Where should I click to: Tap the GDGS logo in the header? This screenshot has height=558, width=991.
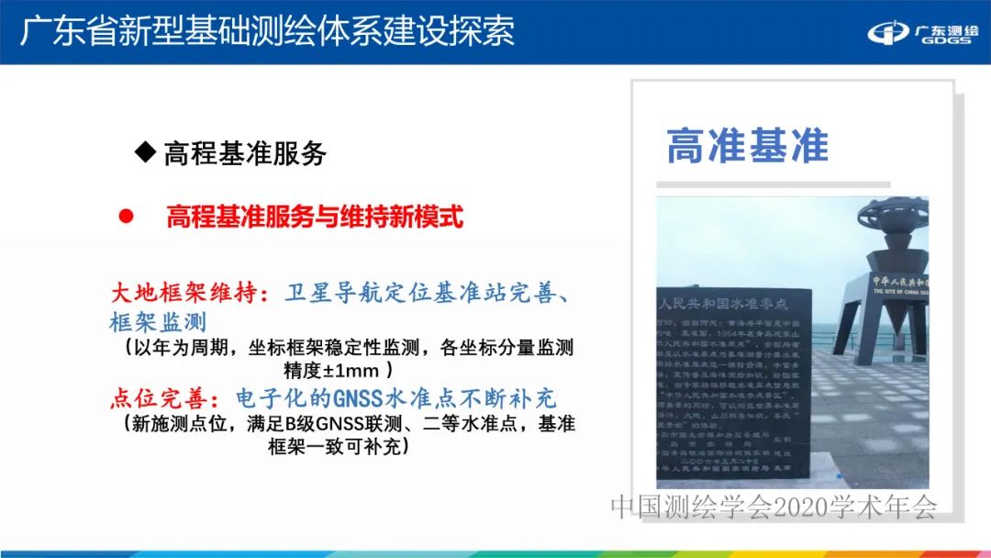point(922,34)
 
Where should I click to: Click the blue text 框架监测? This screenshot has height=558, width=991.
point(158,323)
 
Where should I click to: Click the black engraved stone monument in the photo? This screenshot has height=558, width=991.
point(734,385)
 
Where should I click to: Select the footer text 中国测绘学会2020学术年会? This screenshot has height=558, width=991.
point(774,507)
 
